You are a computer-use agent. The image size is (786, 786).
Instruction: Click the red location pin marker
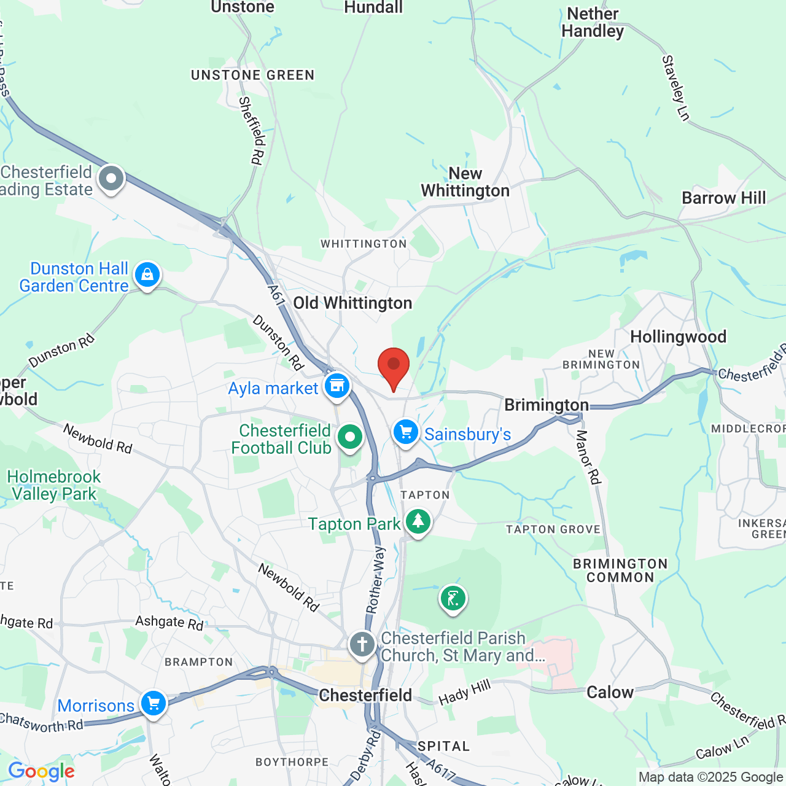[393, 367]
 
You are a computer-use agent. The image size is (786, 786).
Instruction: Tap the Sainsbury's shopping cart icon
[405, 432]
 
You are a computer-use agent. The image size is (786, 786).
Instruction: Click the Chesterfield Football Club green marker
[350, 438]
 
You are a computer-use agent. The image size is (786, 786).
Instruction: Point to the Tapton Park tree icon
[418, 522]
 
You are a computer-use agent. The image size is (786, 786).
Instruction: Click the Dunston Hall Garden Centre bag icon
[147, 275]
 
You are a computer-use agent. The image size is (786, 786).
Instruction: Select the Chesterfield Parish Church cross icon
[362, 645]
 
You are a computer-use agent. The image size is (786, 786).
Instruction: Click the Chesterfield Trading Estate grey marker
[111, 179]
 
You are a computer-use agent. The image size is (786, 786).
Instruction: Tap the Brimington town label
[547, 405]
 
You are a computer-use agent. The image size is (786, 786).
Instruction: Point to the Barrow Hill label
[724, 198]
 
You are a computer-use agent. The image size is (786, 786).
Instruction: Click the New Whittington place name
[465, 182]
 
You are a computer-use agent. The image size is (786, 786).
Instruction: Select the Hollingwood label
[678, 337]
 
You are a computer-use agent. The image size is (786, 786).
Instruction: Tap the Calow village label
[610, 693]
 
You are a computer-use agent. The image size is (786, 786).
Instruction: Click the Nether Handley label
[593, 22]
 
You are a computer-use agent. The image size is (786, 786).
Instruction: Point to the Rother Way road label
[375, 579]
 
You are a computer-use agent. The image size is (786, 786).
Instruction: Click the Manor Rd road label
[588, 457]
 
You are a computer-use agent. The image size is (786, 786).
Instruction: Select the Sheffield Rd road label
[252, 130]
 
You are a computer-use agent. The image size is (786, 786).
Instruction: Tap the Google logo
[41, 771]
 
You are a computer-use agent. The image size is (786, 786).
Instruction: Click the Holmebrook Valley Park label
[54, 485]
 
